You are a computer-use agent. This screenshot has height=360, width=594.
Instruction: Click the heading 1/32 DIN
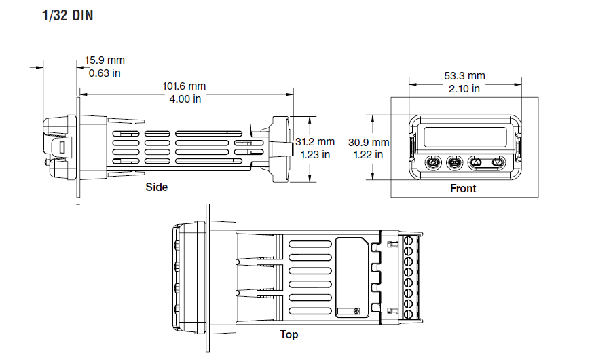pos(67,16)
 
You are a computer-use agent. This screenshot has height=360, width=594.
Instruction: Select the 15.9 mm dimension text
pos(105,61)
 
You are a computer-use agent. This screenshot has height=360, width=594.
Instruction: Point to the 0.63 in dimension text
pos(105,73)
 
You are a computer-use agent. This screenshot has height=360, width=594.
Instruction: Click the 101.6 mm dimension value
pos(184,86)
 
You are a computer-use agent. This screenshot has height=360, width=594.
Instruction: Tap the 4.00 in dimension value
pos(184,98)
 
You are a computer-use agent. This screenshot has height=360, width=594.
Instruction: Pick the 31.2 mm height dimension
pos(315,142)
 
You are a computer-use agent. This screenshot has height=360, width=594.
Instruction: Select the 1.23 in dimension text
pos(315,154)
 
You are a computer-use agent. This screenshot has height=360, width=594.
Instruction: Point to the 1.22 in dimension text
pos(369,154)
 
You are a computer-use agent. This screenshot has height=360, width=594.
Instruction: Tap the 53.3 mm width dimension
pos(464,76)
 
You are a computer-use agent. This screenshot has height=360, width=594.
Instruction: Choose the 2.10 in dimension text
pos(464,88)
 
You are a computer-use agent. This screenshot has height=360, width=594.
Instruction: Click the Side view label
pos(156,187)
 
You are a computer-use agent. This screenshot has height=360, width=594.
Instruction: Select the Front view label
pos(463,188)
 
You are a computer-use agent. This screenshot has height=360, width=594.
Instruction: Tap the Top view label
pos(289,334)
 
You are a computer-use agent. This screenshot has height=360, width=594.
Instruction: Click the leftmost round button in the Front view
pos(432,162)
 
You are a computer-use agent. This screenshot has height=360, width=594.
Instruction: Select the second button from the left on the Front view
pos(454,162)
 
